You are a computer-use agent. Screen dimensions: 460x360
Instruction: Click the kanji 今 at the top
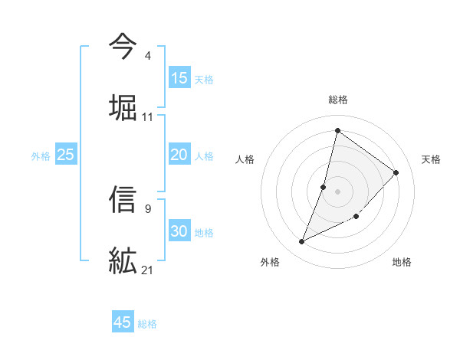tap(123, 48)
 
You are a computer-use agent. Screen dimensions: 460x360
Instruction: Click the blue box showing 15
tap(179, 78)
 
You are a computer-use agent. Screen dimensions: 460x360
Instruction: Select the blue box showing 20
tap(179, 155)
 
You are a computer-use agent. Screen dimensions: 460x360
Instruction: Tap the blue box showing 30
tap(179, 231)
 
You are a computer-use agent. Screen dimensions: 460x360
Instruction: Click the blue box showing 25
tap(66, 155)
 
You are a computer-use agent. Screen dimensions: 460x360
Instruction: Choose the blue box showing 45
tap(123, 322)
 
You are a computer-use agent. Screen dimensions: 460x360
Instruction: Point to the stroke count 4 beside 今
tap(147, 56)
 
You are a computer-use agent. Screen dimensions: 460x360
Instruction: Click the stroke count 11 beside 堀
tap(148, 117)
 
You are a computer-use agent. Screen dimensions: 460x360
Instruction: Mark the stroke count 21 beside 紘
tap(148, 270)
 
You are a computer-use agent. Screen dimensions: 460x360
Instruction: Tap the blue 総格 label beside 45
tap(147, 323)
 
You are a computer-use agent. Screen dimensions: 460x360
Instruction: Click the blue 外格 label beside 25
tap(41, 155)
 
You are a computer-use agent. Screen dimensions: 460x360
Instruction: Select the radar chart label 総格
tap(337, 100)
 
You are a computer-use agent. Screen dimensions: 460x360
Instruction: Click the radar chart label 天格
tap(431, 159)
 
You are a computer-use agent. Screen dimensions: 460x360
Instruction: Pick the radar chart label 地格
tap(402, 262)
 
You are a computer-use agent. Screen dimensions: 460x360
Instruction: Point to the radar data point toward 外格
tap(302, 242)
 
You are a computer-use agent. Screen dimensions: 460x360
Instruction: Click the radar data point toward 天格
tap(396, 172)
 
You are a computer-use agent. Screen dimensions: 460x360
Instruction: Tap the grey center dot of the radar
tap(337, 191)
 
